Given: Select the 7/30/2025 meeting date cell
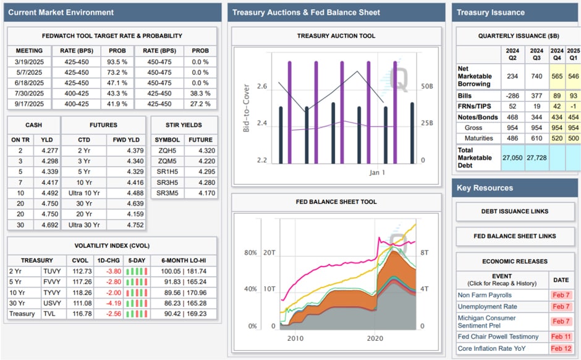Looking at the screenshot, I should (x=28, y=93).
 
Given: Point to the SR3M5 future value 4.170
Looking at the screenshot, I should (x=200, y=192).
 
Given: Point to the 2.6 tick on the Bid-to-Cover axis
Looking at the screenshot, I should (x=261, y=87).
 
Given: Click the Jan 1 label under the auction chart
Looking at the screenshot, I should (x=377, y=172).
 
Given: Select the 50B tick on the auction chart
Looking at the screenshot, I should (x=426, y=87).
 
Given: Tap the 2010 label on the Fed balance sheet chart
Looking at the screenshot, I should (x=295, y=338).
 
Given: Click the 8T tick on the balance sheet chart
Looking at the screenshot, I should (x=426, y=252).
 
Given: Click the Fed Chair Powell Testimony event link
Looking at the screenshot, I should (x=498, y=336).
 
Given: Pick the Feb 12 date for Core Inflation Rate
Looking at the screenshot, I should (x=561, y=349).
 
